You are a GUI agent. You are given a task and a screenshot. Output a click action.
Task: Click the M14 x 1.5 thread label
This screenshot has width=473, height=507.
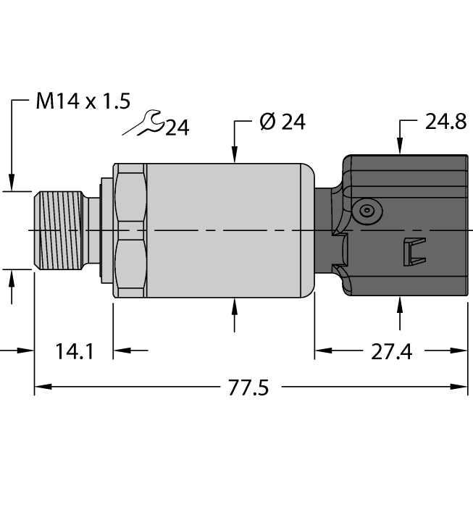[83, 101]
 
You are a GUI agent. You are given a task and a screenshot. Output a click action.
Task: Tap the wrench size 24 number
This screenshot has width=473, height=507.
[177, 128]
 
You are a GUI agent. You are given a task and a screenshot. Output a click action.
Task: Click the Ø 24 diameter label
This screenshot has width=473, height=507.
[282, 122]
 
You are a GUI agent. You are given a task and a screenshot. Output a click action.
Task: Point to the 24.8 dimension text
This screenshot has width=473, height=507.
[445, 122]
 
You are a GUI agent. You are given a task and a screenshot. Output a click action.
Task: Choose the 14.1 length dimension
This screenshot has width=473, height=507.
[74, 352]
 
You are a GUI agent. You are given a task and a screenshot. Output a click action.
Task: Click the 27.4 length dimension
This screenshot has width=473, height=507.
[391, 352]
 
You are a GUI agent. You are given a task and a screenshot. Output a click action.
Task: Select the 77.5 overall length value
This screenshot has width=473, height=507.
[248, 388]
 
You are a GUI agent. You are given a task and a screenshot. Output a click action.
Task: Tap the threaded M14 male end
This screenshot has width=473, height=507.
[59, 230]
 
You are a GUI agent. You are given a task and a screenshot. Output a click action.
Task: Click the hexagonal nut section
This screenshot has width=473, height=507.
[130, 230]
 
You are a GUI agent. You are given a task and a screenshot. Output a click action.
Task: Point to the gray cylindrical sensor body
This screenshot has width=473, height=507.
[225, 230]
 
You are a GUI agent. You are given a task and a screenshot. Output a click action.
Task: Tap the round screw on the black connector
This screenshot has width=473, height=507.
[368, 211]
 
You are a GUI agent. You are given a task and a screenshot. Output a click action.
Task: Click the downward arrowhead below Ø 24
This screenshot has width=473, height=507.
[235, 153]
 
